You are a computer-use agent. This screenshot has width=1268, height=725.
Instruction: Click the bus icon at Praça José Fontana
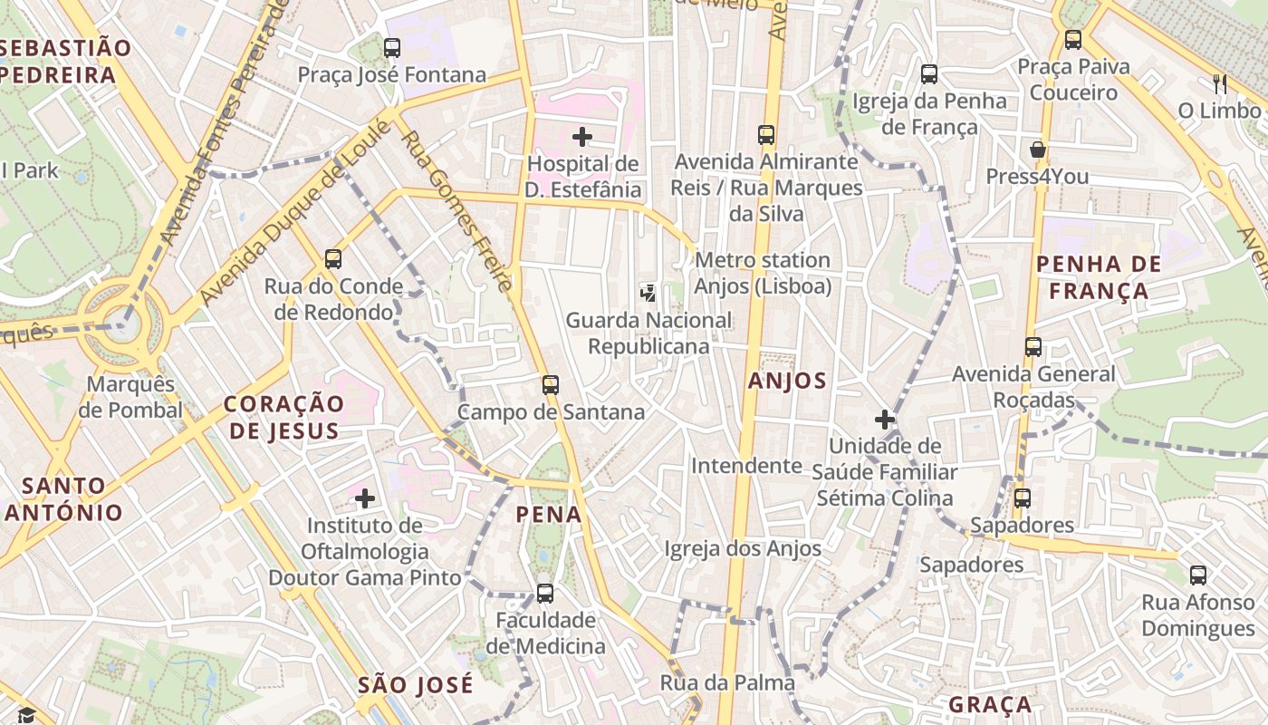(392, 48)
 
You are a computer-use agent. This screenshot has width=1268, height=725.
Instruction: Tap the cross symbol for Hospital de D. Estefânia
(582, 137)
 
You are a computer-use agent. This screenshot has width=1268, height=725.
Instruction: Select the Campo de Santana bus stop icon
(550, 384)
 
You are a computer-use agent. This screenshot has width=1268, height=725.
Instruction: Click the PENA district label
(549, 515)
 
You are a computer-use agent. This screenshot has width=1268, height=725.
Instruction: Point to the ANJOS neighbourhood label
(787, 382)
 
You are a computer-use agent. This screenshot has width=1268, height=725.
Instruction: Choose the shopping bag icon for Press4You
(1037, 150)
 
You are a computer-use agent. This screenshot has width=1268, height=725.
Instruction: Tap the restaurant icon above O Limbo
(1219, 84)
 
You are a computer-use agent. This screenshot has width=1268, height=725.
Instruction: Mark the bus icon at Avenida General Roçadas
(1033, 347)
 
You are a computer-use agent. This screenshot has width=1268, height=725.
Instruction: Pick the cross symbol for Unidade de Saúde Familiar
(885, 420)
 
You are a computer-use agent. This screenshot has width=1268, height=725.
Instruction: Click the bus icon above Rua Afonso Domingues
(1197, 575)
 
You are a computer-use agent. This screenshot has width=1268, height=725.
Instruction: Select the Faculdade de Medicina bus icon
(544, 594)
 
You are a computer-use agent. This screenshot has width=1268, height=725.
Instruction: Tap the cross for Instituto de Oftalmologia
(365, 498)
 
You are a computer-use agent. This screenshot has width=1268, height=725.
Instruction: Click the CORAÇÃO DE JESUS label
(284, 417)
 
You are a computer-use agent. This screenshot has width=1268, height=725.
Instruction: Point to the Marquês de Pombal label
(130, 397)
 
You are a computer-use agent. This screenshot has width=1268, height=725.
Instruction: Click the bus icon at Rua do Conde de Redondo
(333, 259)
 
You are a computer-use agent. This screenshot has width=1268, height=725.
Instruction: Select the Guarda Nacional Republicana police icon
(648, 293)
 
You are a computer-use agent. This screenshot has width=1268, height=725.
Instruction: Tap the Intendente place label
(746, 466)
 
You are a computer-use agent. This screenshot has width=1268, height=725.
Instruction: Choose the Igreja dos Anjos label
(743, 548)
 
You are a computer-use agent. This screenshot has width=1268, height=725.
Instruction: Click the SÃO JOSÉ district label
(415, 685)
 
